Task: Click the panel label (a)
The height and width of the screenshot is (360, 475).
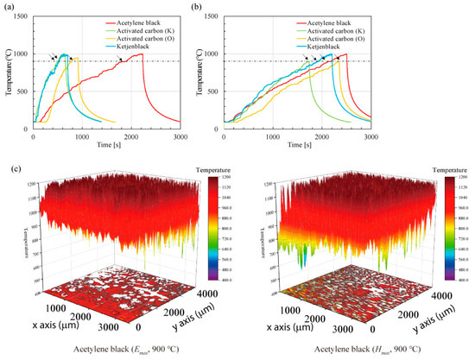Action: coord(9,8)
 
